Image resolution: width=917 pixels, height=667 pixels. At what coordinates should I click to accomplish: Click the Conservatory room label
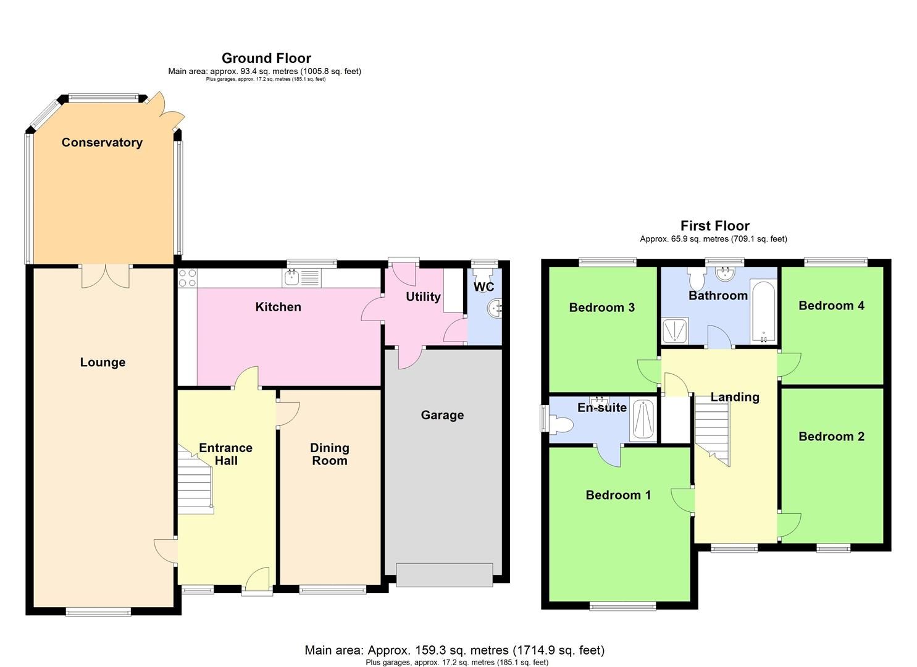coord(102,143)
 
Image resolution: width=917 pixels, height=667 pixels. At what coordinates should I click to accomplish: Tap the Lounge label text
coord(103,363)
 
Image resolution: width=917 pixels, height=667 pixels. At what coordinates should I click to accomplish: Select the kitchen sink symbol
coord(302,278)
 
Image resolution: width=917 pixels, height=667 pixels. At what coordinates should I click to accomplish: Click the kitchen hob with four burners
coord(187,278)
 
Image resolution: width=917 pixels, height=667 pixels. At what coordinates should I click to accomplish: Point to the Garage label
coord(442,415)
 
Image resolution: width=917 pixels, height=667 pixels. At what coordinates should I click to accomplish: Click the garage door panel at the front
coord(445,574)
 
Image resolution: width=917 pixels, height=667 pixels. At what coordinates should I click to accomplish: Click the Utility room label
coord(423,297)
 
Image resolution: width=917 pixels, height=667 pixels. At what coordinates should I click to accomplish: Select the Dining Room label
coord(329,454)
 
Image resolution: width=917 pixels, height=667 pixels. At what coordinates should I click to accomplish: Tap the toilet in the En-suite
coord(561,424)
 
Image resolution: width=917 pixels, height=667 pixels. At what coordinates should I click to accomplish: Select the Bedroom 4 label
coord(831,306)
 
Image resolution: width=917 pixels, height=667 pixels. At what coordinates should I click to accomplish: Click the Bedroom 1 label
coord(618,495)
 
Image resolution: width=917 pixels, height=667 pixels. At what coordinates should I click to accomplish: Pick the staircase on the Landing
coord(713,429)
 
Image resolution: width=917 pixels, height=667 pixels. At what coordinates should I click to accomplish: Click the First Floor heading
coord(715,226)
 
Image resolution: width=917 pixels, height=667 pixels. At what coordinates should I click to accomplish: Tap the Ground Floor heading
coord(266,59)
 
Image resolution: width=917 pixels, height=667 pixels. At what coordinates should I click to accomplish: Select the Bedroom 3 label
coord(601,308)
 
